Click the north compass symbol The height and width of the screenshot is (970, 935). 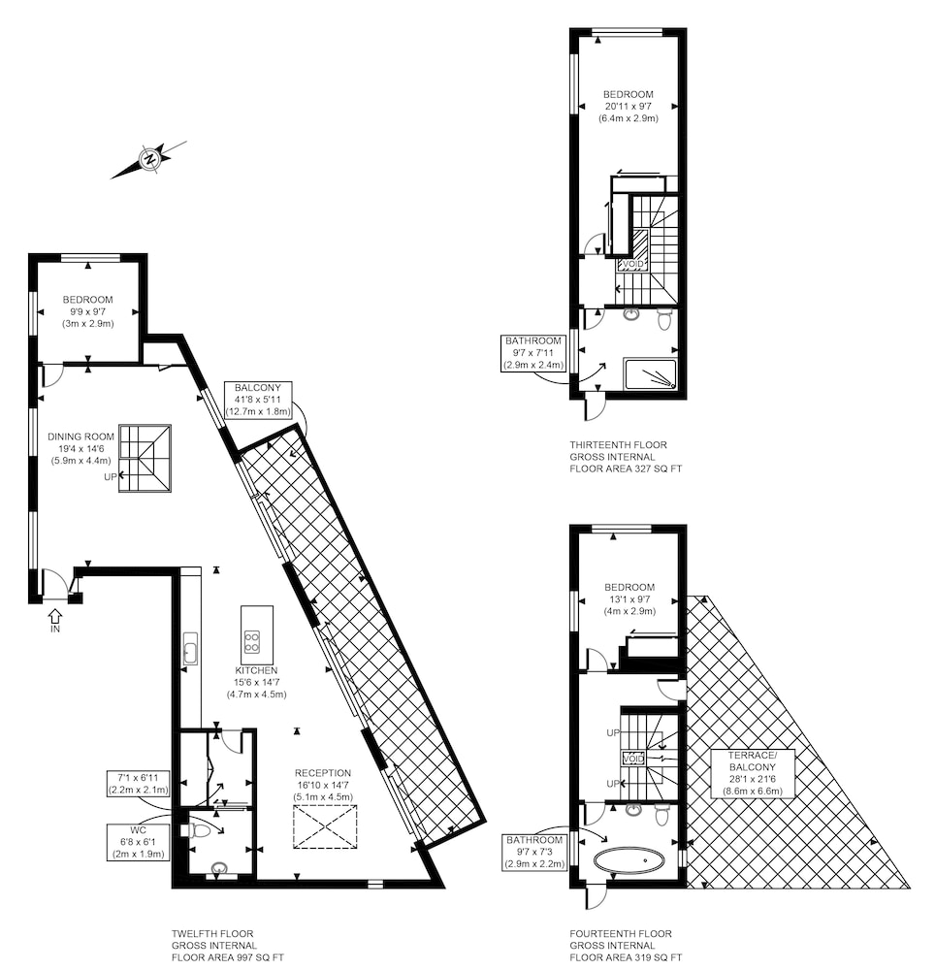click(x=149, y=160)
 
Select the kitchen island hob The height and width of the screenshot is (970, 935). click(x=251, y=641)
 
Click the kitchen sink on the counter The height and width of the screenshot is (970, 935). click(x=190, y=651)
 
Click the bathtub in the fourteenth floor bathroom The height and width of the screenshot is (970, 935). click(x=629, y=859)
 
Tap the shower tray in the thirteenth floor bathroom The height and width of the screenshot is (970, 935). click(x=650, y=374)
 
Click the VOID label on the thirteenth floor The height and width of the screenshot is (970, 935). click(x=632, y=264)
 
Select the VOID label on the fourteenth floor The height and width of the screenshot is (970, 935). click(x=633, y=759)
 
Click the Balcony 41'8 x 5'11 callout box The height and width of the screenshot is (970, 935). click(x=258, y=400)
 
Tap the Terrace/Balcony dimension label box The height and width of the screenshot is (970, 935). click(x=752, y=773)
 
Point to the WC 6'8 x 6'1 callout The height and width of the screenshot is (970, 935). click(x=138, y=842)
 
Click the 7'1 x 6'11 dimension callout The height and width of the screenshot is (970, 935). click(x=138, y=783)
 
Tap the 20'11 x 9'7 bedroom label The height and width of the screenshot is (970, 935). click(x=629, y=107)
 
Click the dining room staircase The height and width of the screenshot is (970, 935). click(x=145, y=458)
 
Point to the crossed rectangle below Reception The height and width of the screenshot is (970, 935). click(x=325, y=826)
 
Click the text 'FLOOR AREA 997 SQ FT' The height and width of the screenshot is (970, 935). click(x=228, y=957)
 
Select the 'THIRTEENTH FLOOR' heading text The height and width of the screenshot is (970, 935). click(x=619, y=445)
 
